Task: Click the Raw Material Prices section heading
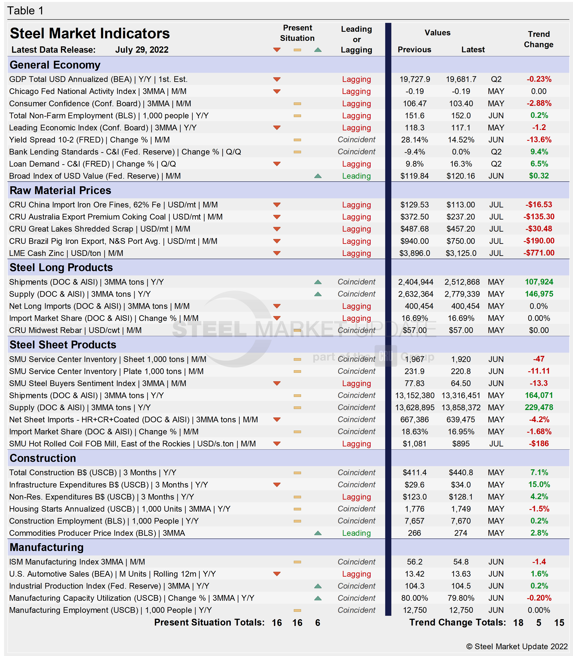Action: pos(60,190)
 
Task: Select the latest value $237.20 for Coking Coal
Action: pos(460,217)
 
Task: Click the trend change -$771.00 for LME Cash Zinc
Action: pos(539,253)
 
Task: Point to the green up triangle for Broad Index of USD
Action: pos(318,176)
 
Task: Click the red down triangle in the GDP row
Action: pos(277,79)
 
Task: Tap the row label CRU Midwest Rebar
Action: pos(45,330)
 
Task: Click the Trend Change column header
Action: pos(539,39)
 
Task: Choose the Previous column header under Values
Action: pos(414,50)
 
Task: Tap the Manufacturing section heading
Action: pos(47,547)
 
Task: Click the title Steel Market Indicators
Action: pos(90,34)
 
